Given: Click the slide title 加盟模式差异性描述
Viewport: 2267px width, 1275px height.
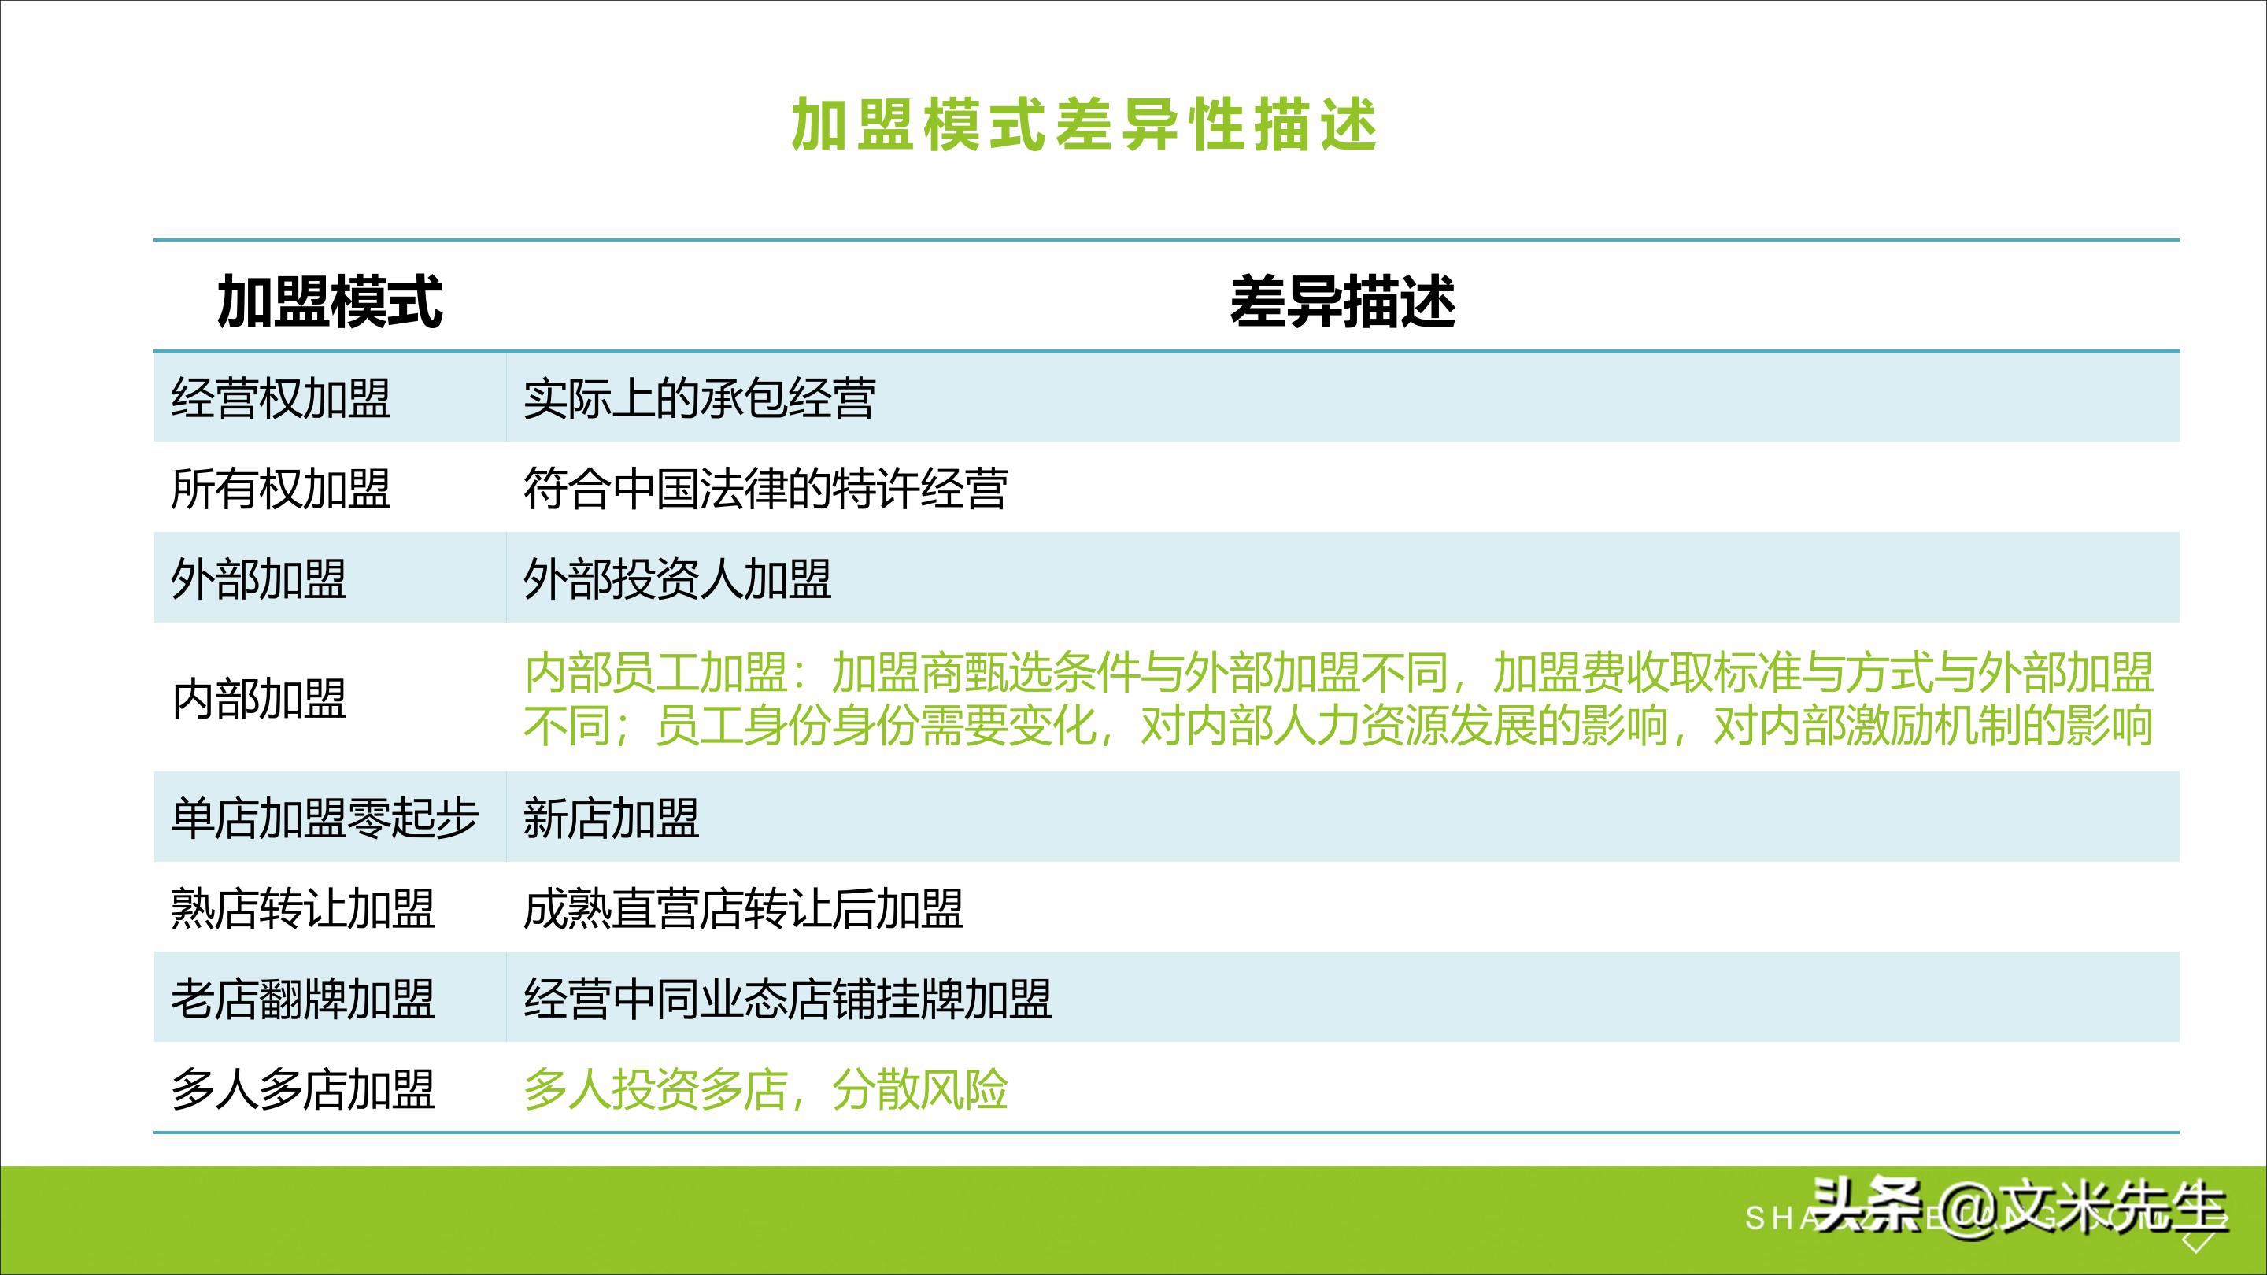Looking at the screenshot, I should (x=1083, y=125).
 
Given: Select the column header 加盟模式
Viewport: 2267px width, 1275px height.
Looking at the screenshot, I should (x=329, y=301).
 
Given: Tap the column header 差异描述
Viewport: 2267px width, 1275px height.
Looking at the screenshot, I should (x=1342, y=301).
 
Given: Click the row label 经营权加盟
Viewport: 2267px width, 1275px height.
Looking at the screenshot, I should (x=281, y=398).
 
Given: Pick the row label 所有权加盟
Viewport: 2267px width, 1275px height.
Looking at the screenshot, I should (x=281, y=490).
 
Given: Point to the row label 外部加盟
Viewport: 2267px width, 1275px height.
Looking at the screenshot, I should (x=259, y=580).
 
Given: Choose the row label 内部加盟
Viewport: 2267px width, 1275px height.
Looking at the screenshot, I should (x=259, y=700).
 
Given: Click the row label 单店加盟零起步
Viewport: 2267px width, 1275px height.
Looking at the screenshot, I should (x=325, y=819).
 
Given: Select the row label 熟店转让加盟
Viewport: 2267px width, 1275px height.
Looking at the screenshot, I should (x=303, y=909).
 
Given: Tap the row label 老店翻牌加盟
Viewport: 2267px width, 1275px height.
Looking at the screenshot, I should (x=303, y=999).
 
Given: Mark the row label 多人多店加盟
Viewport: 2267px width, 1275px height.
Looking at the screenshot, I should (x=303, y=1089).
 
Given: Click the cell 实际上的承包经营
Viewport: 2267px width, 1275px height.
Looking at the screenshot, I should (x=700, y=398).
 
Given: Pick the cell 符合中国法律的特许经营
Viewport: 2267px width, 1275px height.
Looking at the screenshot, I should (x=766, y=490).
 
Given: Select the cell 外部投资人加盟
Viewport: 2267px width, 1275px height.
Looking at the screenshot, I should (x=678, y=580).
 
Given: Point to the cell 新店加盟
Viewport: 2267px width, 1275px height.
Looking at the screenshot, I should (x=612, y=819).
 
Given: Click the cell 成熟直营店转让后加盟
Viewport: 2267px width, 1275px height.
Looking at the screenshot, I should (x=744, y=909).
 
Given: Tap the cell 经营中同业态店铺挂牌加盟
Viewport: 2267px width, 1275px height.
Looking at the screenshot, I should (x=788, y=999).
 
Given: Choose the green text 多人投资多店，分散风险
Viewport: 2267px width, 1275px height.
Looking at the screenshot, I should (x=766, y=1089).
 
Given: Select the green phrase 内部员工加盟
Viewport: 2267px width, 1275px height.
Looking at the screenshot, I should (x=656, y=673).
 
